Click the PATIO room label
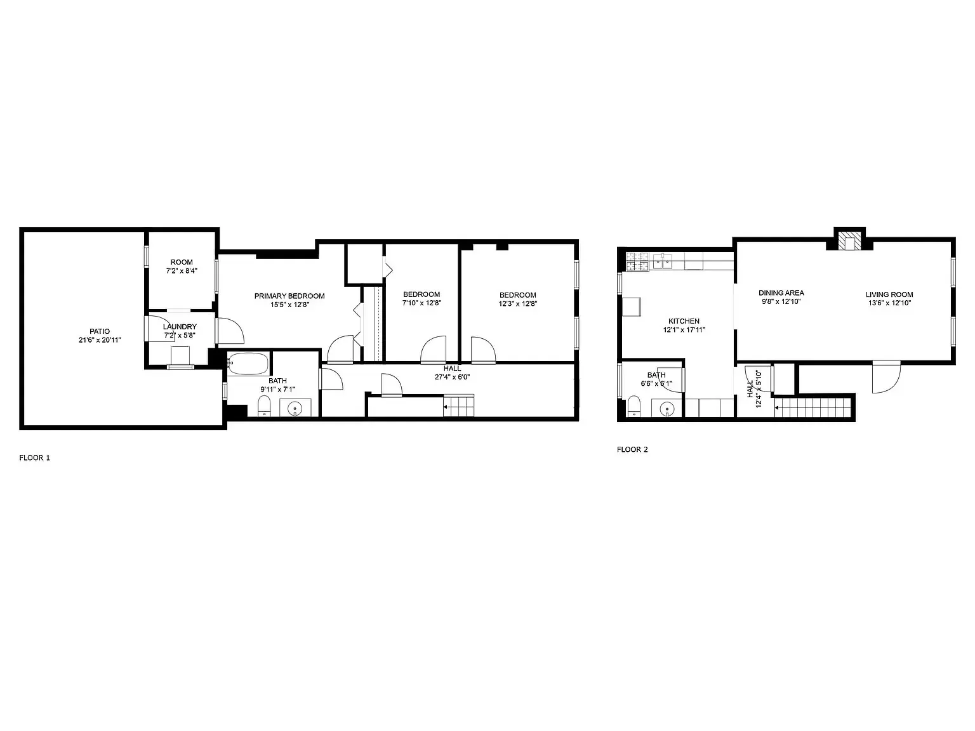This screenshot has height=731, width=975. click(100, 331)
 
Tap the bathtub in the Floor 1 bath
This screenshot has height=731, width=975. click(248, 364)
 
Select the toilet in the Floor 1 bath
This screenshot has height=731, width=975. click(264, 405)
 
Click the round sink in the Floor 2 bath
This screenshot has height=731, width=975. click(667, 408)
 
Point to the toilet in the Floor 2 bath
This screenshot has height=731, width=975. click(634, 406)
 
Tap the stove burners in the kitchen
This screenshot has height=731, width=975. click(637, 261)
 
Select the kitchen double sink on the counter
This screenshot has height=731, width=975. click(662, 261)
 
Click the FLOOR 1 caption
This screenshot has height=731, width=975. click(35, 458)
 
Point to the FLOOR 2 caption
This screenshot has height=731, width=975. click(632, 449)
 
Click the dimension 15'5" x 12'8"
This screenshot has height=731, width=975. click(289, 305)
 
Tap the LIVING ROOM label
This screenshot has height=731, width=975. click(889, 294)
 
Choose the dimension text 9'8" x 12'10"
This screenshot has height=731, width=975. click(781, 301)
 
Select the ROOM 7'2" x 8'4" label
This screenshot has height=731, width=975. click(182, 267)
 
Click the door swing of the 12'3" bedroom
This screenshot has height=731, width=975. click(483, 350)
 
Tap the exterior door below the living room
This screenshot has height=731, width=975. click(886, 377)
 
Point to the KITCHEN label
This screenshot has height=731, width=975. click(684, 321)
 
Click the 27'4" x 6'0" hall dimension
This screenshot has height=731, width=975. click(452, 378)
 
